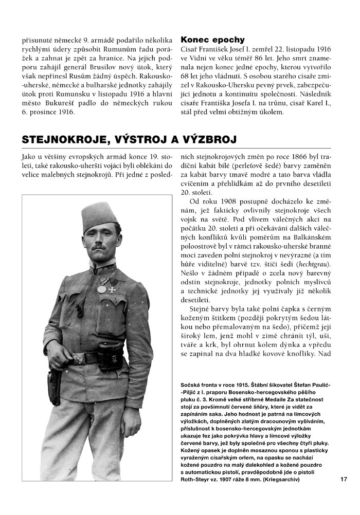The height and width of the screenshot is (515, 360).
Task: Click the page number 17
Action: click(x=344, y=480)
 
